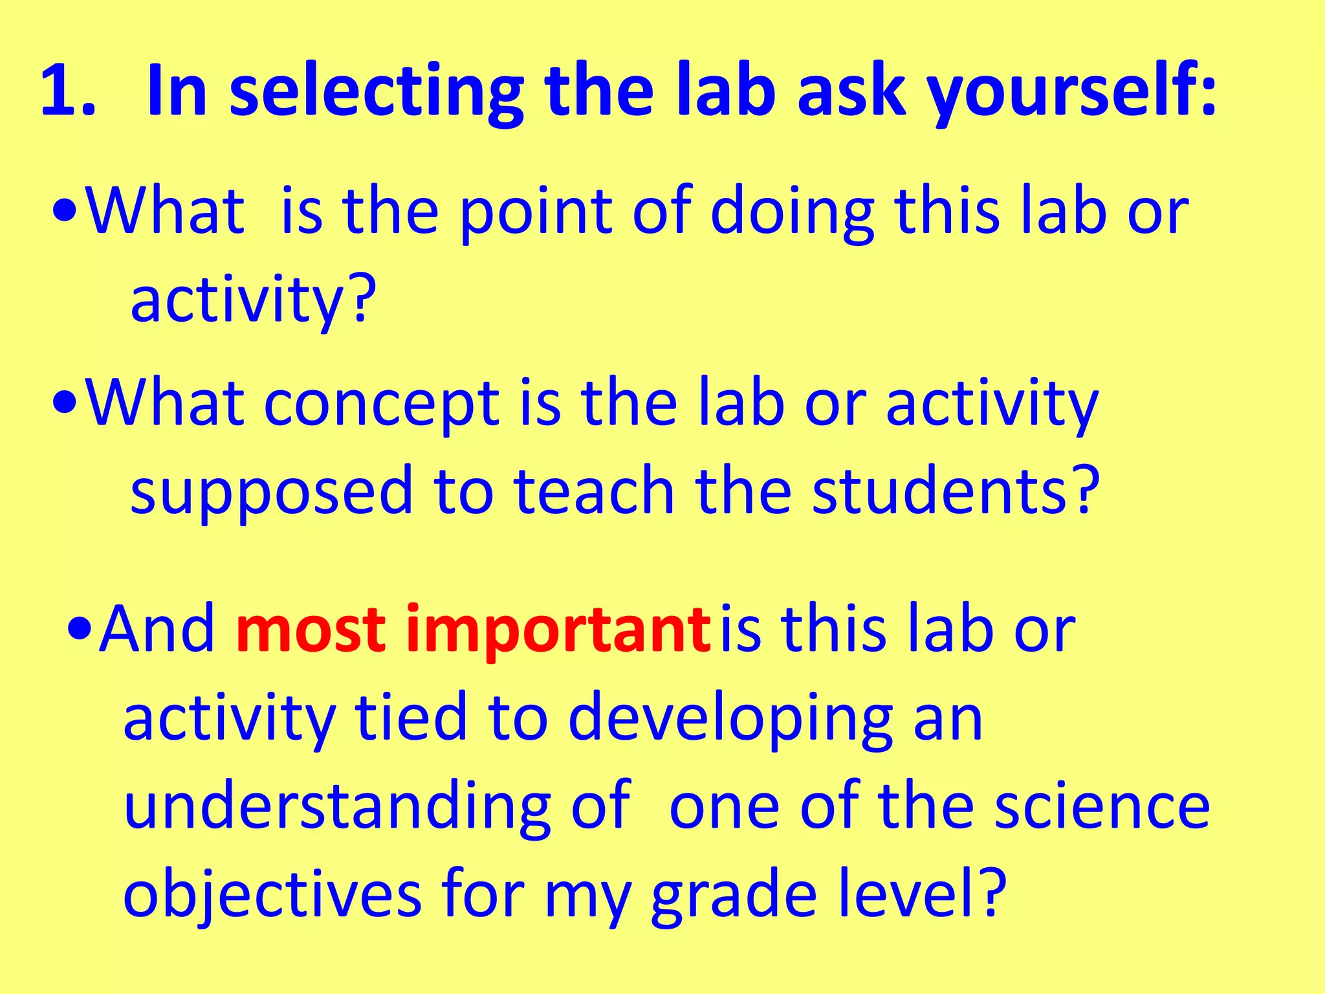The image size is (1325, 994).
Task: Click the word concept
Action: coord(382,404)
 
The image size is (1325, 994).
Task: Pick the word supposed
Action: coord(271,492)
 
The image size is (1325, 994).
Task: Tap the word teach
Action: coord(593,492)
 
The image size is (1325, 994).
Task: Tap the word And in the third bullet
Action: coord(158,629)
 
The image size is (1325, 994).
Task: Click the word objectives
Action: coord(272,896)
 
